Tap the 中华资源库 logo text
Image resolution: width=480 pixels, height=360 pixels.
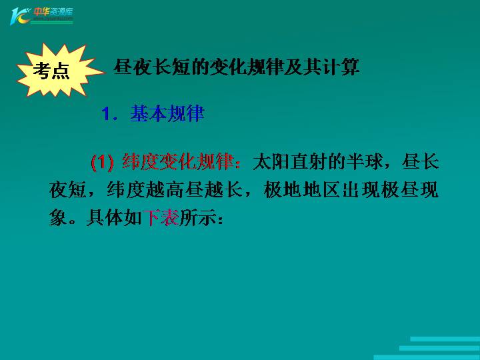point(53,12)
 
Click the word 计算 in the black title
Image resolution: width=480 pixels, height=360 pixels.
point(341,67)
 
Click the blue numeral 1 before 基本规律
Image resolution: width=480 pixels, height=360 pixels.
point(106,114)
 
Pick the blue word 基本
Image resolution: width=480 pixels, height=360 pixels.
point(149,114)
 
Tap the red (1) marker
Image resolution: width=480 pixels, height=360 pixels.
point(102,163)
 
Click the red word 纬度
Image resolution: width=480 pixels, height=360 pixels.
point(141,161)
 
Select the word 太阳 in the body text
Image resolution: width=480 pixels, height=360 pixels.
point(271,161)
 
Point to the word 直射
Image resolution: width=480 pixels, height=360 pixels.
point(309,161)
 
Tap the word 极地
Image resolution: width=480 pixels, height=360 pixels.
point(283,190)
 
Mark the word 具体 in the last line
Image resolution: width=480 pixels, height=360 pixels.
point(105,217)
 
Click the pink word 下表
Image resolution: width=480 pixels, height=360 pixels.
point(161,217)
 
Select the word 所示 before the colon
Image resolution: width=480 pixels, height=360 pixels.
point(198,217)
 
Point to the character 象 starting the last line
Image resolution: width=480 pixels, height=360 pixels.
point(58,217)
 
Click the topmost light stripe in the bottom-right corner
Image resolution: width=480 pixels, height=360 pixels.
point(445,339)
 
